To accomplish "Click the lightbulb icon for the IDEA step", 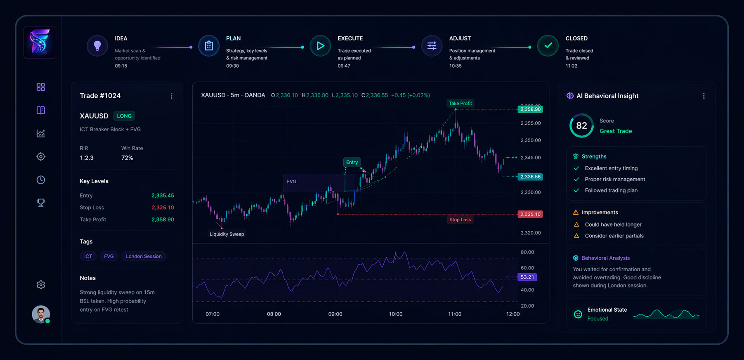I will (x=97, y=46).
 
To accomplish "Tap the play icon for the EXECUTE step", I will (x=320, y=46).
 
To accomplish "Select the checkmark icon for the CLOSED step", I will (x=548, y=46).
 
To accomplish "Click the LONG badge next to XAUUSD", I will (x=124, y=116).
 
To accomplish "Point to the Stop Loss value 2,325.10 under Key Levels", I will (x=163, y=208).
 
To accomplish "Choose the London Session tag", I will (x=144, y=256).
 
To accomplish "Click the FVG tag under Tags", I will (x=109, y=256).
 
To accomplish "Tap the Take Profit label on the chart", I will (x=460, y=104).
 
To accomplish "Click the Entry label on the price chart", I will (x=352, y=162).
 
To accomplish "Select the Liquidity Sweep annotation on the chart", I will (x=227, y=234).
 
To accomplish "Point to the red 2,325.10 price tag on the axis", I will (x=530, y=214).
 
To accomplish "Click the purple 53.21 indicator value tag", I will (x=527, y=277).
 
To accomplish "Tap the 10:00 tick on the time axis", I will (x=396, y=314).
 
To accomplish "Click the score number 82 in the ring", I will (x=581, y=126).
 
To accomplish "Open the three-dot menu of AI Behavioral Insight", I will (x=704, y=96).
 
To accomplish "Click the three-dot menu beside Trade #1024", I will (x=172, y=96).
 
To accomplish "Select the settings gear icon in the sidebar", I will (x=41, y=285).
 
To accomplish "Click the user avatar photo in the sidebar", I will (x=41, y=315).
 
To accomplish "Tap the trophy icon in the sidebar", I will (x=41, y=203).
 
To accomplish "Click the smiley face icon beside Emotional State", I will (x=578, y=314).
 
